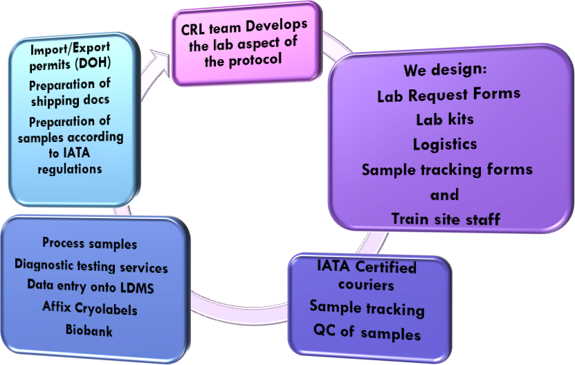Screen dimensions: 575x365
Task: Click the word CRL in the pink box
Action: [x=193, y=30]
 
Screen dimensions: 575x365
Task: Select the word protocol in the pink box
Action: [x=255, y=60]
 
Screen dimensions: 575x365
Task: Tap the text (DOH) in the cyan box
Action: [x=93, y=63]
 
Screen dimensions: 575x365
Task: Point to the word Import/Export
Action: [x=70, y=48]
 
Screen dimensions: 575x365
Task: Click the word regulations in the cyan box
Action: [x=70, y=169]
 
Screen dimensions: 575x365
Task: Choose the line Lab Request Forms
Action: [x=449, y=95]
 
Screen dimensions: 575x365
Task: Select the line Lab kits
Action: [x=445, y=119]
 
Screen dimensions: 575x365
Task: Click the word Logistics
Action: [x=445, y=144]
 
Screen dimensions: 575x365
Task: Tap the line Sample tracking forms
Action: [x=447, y=169]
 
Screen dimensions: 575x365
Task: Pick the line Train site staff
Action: [x=446, y=219]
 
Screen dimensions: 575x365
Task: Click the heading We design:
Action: [x=445, y=70]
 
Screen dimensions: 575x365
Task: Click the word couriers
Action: [x=366, y=285]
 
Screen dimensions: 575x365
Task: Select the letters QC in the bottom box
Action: [x=325, y=330]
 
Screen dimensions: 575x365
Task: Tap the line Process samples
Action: [x=90, y=244]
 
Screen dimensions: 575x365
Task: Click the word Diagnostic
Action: [x=44, y=265]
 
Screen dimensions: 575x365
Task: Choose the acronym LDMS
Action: [x=137, y=288]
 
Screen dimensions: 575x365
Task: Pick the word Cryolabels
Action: [x=106, y=309]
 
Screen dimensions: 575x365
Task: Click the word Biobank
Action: [x=89, y=330]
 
